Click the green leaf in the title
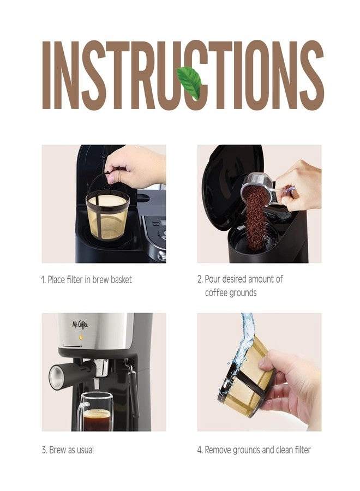point(189,82)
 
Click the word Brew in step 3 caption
point(56,450)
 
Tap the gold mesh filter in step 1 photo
point(107,216)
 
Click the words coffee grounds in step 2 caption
point(230,293)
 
